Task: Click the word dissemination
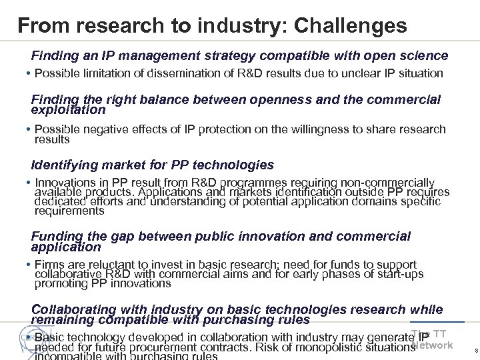pyautogui.click(x=169, y=72)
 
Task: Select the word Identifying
pyautogui.click(x=66, y=164)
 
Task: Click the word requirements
pyautogui.click(x=69, y=211)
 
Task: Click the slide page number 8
pyautogui.click(x=474, y=349)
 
